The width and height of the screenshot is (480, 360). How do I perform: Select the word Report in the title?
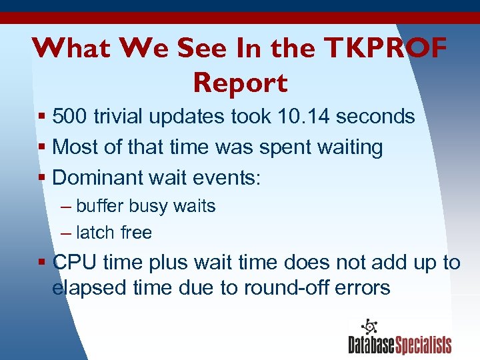[x=240, y=83]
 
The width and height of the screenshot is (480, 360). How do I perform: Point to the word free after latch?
[x=136, y=233]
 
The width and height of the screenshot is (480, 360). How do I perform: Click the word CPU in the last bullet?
[x=71, y=263]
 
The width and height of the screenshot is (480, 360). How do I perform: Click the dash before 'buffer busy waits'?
[x=65, y=207]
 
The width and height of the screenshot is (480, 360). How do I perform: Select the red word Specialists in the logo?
[x=424, y=345]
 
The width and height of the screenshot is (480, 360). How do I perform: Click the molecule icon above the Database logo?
[x=369, y=327]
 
